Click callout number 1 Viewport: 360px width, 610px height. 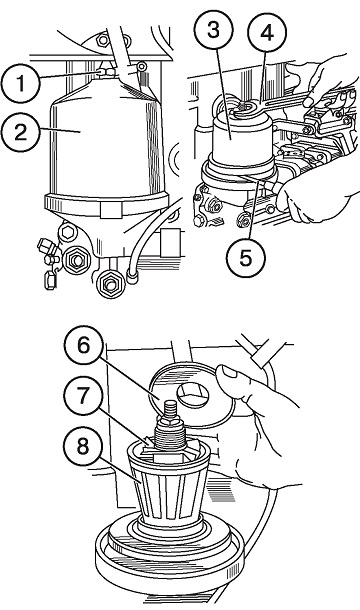click(21, 83)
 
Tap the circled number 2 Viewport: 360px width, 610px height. click(21, 132)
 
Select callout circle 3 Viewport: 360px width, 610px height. click(213, 30)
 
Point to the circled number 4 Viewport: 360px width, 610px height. click(267, 33)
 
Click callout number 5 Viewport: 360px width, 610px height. click(246, 258)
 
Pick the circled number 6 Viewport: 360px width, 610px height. click(84, 345)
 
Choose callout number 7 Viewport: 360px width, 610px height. click(83, 396)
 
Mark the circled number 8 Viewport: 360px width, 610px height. click(83, 447)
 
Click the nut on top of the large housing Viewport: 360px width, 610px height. click(105, 72)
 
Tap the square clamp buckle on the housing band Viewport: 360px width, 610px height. click(111, 210)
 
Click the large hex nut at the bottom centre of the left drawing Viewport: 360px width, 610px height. click(110, 284)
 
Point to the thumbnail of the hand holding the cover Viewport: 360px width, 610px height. click(229, 372)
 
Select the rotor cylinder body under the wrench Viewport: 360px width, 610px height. click(243, 140)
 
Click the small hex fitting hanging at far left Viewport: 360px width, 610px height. click(50, 280)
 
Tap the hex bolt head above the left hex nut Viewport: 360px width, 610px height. click(67, 233)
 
